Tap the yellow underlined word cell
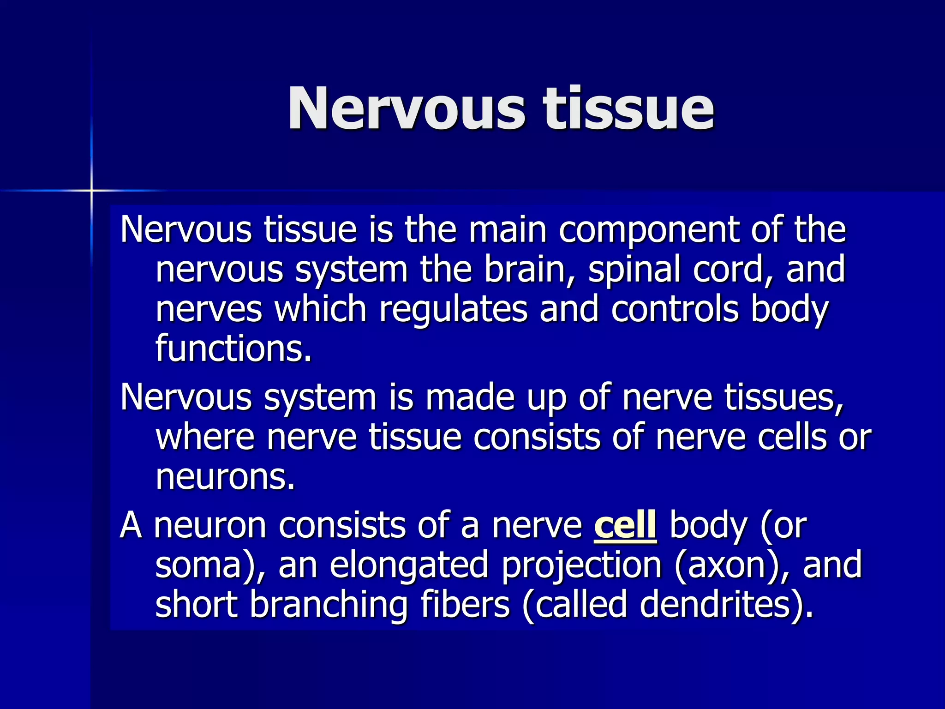pyautogui.click(x=625, y=526)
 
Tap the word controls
pyautogui.click(x=675, y=309)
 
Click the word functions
pyautogui.click(x=233, y=348)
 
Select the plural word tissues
pyautogui.click(x=784, y=397)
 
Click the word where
pyautogui.click(x=205, y=437)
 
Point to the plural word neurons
pyautogui.click(x=225, y=477)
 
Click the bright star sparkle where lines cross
pyautogui.click(x=91, y=190)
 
